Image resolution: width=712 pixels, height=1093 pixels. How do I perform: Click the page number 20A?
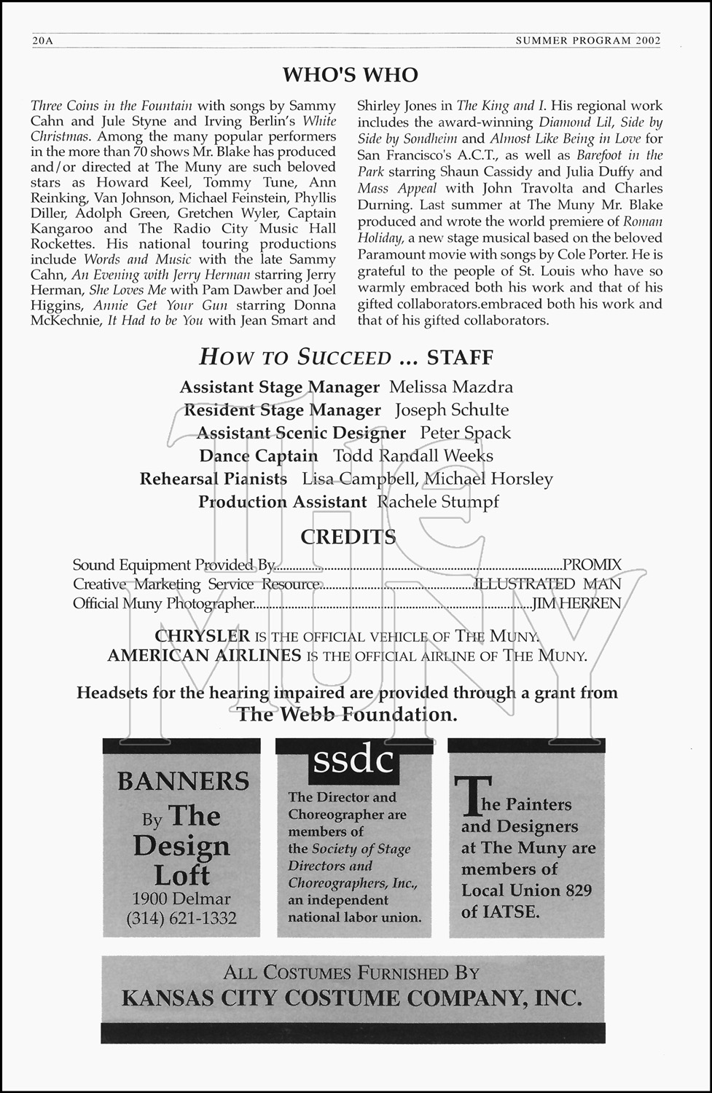(42, 41)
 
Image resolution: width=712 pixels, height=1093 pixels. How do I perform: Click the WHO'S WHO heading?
(351, 74)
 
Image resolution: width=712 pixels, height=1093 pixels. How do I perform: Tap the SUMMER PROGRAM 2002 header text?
(587, 41)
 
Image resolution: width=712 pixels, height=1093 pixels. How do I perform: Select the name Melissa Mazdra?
(450, 387)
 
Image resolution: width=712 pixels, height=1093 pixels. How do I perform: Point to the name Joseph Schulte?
(452, 410)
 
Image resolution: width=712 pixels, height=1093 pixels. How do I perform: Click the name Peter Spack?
(465, 433)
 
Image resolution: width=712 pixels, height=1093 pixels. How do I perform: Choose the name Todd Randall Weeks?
(413, 455)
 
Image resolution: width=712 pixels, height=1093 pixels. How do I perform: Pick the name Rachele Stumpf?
(437, 501)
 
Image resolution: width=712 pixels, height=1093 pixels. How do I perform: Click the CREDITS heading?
(348, 537)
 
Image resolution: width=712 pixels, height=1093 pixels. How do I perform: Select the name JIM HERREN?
(576, 603)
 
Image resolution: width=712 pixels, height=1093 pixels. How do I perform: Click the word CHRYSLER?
(202, 636)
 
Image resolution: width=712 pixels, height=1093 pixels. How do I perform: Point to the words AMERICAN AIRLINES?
(204, 655)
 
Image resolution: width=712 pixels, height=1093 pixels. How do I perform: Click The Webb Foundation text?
(347, 714)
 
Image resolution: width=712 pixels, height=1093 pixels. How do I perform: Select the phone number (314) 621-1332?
(181, 918)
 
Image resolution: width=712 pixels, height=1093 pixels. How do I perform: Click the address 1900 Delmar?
(181, 898)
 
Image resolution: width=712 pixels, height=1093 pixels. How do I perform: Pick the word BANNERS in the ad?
(183, 781)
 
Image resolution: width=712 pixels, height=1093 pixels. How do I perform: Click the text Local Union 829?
(526, 890)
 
